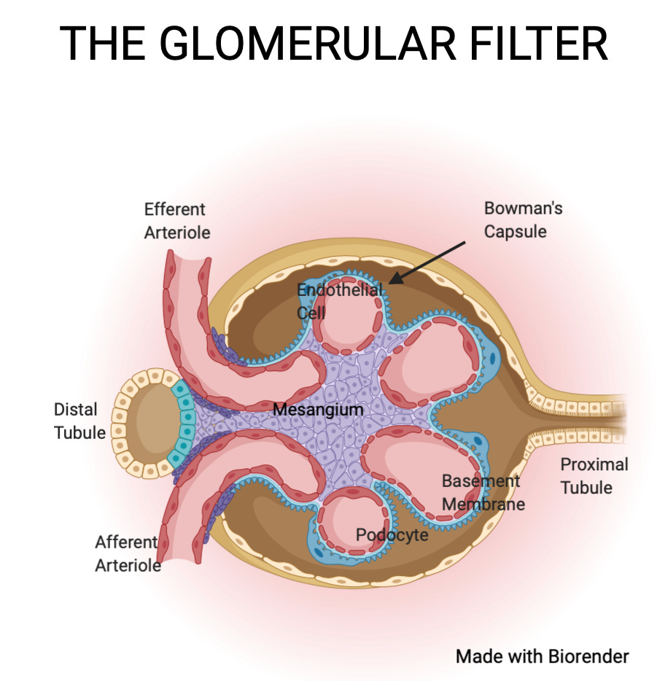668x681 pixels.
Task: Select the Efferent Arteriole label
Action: point(176,221)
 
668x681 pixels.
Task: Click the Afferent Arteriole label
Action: point(128,553)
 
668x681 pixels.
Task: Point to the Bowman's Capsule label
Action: point(523,219)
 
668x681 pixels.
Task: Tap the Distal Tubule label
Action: point(79,421)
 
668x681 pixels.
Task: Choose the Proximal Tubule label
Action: point(594,475)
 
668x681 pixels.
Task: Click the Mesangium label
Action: point(318,410)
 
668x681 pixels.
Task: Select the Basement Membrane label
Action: point(482,492)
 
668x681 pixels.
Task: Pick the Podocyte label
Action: point(392,535)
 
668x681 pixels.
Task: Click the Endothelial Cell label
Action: point(340,301)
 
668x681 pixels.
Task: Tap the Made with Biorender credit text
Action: point(542,656)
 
